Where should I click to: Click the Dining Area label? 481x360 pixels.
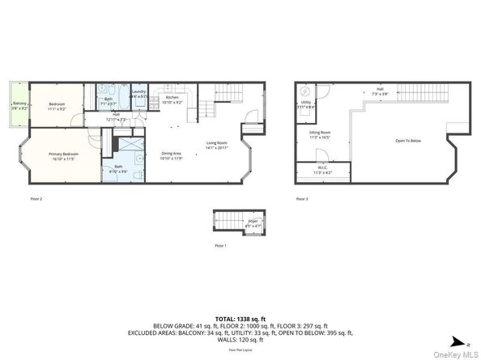(171, 155)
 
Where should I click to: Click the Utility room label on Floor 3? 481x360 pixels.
(305, 104)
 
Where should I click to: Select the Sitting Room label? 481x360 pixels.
(320, 133)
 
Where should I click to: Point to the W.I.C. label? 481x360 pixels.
(321, 170)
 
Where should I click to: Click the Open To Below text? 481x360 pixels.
(407, 140)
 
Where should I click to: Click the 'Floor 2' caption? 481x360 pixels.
(36, 199)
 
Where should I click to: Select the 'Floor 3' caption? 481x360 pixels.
(301, 199)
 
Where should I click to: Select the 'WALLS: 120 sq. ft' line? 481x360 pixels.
(240, 339)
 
